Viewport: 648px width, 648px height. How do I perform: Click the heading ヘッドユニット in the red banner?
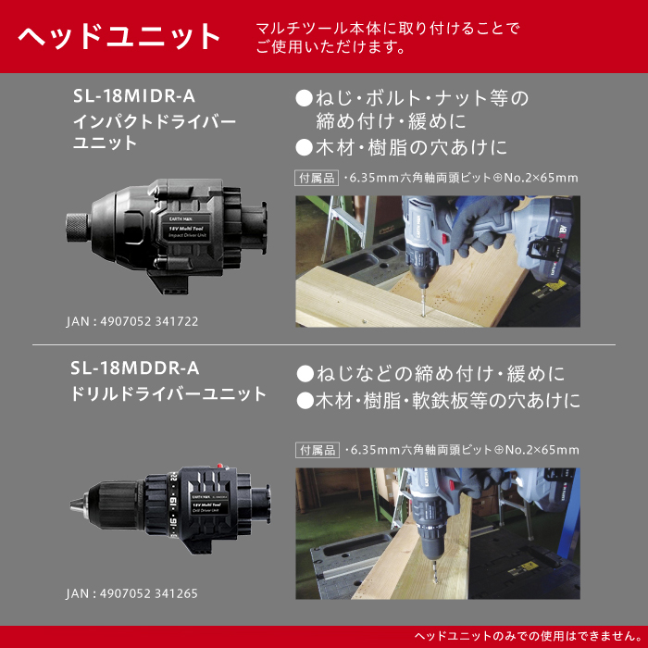[x=118, y=37]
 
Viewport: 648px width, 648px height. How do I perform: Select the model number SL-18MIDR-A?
[x=134, y=96]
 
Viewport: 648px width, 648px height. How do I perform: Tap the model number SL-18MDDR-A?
[x=135, y=368]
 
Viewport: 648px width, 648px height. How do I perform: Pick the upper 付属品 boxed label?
[x=317, y=178]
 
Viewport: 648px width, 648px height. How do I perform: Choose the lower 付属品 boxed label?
[x=318, y=450]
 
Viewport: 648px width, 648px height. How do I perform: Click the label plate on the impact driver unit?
[x=188, y=230]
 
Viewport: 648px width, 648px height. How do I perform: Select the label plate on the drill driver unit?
[x=206, y=505]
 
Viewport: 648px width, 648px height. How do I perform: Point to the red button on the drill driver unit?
[x=220, y=466]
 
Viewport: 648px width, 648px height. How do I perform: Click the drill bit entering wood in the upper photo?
[x=422, y=302]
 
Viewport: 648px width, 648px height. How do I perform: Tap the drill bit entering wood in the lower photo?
[x=434, y=571]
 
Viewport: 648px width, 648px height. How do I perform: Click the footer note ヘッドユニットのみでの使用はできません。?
[x=529, y=636]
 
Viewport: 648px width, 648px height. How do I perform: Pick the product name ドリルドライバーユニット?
[x=168, y=393]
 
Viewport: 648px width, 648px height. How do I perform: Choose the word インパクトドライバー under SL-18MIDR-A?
[x=155, y=122]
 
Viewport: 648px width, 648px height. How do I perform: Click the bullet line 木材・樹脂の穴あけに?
[x=401, y=147]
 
